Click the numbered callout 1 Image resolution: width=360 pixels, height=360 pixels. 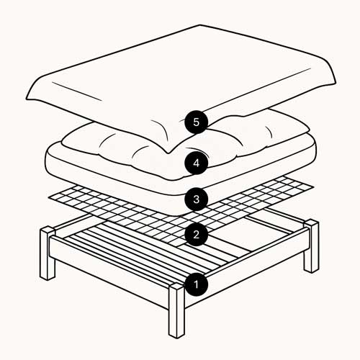[195, 284]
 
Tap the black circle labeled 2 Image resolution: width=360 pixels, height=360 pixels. [195, 233]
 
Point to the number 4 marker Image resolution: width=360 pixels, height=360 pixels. [195, 163]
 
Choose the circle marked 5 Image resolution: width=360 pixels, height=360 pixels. [195, 122]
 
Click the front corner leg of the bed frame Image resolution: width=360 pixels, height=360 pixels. [177, 310]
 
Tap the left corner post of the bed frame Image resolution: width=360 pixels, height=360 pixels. [48, 252]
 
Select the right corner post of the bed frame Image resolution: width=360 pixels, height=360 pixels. [311, 246]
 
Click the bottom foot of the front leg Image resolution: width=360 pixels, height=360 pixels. [177, 333]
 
